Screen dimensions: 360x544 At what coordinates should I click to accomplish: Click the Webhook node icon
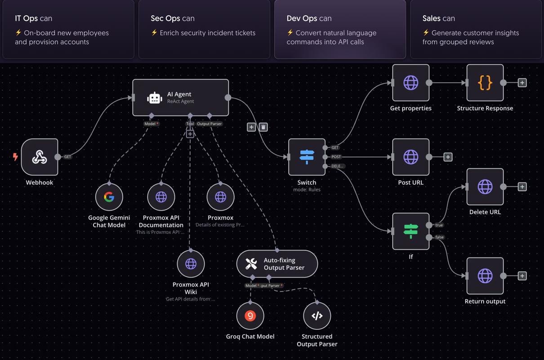(x=40, y=157)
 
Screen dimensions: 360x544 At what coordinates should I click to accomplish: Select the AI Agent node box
(x=180, y=98)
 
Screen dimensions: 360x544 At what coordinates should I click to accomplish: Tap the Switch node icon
(x=307, y=157)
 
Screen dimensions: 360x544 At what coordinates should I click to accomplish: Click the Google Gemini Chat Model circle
(x=109, y=197)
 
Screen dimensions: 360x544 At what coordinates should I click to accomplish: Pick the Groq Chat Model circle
(x=250, y=316)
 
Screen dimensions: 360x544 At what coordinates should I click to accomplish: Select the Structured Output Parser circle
(x=317, y=316)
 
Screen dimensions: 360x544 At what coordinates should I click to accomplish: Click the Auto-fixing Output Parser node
(x=277, y=264)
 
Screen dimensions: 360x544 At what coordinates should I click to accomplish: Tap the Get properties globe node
(x=410, y=83)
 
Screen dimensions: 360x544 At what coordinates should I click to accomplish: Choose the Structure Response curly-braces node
(x=485, y=83)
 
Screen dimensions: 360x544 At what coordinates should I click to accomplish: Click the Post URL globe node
(x=410, y=157)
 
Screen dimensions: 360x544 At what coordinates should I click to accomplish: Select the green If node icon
(x=410, y=231)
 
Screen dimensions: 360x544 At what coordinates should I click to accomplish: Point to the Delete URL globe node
(x=485, y=187)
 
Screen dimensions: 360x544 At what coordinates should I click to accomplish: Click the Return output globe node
(x=485, y=276)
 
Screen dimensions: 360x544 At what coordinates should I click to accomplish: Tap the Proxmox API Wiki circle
(x=191, y=264)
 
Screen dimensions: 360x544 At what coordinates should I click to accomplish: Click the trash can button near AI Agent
(x=263, y=127)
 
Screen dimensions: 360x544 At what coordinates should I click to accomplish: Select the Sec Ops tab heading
(x=173, y=18)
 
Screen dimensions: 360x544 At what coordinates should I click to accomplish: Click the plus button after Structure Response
(x=522, y=83)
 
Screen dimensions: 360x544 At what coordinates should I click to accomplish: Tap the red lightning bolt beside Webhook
(x=15, y=157)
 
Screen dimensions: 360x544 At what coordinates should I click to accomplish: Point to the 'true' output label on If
(x=439, y=225)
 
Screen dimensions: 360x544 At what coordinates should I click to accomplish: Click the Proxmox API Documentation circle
(x=161, y=197)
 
